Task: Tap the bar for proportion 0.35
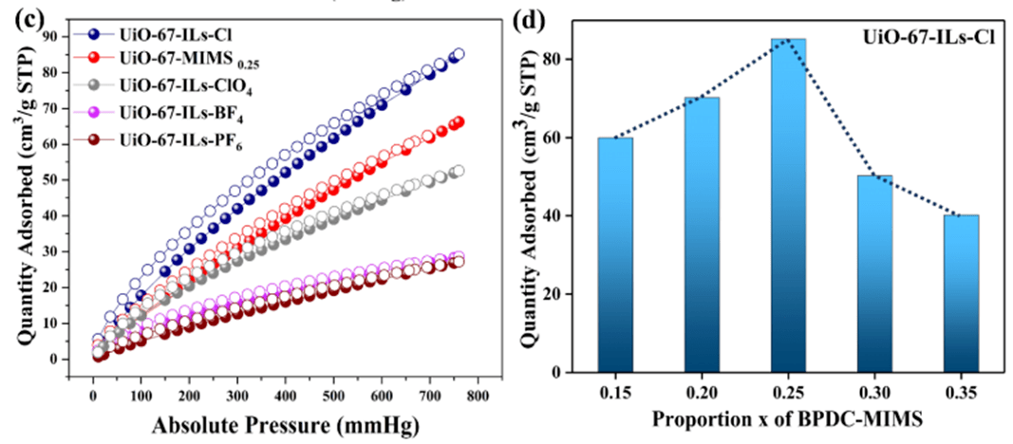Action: tap(961, 293)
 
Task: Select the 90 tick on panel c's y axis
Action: tap(60, 36)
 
